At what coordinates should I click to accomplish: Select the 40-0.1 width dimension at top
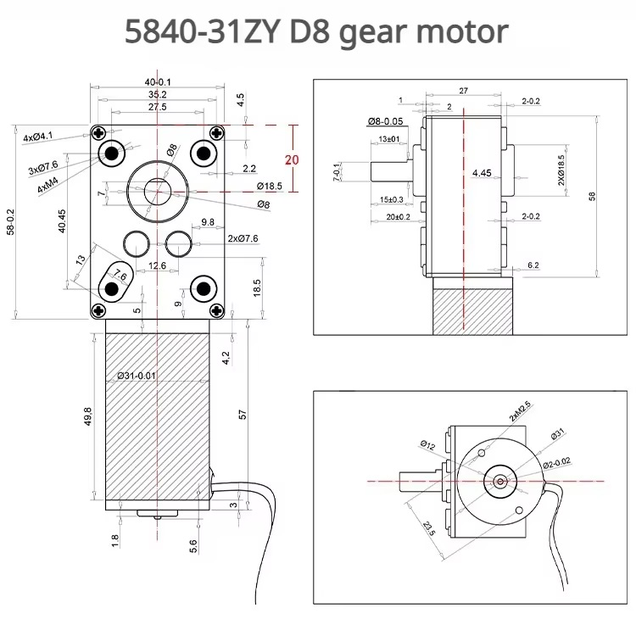click(158, 81)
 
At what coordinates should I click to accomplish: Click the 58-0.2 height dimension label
click(8, 223)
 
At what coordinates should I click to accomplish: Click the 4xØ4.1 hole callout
click(38, 137)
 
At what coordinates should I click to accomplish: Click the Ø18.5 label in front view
click(269, 186)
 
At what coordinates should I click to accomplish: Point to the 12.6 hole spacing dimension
click(157, 266)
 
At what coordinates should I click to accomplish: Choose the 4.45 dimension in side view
click(483, 173)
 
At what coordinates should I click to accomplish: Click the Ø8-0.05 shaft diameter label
click(385, 122)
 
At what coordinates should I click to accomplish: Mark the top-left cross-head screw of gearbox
click(101, 133)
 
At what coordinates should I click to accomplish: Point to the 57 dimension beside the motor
click(243, 416)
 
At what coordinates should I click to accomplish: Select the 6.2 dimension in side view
click(533, 265)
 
